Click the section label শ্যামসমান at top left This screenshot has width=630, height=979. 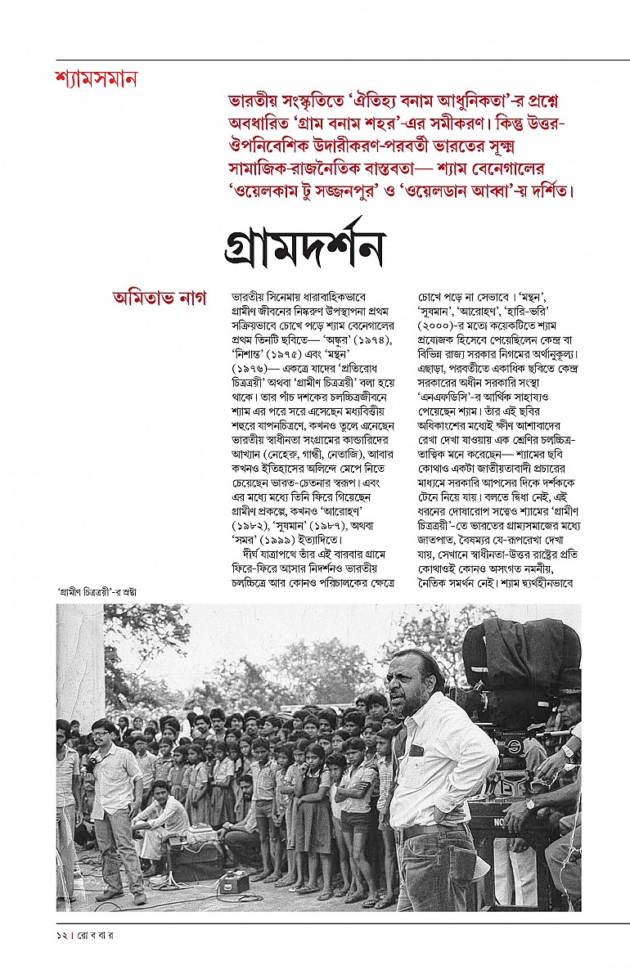pyautogui.click(x=96, y=79)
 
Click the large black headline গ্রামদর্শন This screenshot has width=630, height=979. pyautogui.click(x=304, y=243)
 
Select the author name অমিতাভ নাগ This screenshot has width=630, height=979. pyautogui.click(x=160, y=297)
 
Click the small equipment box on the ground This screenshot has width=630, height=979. pyautogui.click(x=234, y=881)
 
